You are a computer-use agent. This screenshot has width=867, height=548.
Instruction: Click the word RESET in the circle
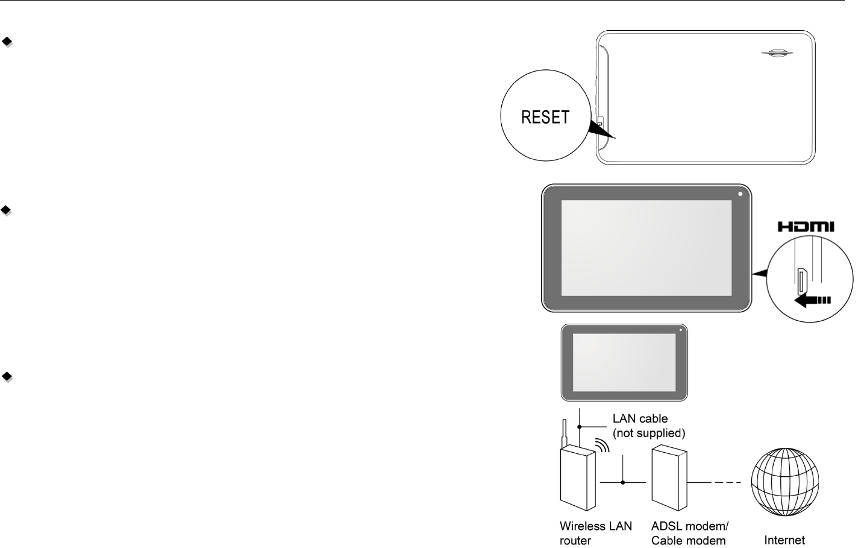[545, 117]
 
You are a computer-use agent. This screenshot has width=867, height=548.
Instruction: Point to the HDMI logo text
[806, 227]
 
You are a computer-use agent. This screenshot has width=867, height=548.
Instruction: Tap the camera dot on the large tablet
[740, 195]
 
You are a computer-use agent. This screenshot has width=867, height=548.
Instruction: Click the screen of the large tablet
[646, 248]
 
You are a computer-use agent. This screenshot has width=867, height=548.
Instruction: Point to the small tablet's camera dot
[680, 330]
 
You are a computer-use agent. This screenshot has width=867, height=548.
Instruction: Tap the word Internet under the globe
[784, 540]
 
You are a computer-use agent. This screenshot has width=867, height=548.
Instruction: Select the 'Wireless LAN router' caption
[595, 533]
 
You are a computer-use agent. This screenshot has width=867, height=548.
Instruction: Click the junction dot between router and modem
[624, 483]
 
